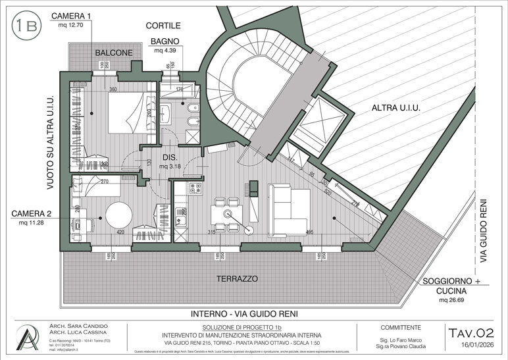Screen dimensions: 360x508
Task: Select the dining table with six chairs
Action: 227,215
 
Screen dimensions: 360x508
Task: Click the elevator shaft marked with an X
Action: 318,118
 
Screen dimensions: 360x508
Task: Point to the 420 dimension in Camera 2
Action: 120,232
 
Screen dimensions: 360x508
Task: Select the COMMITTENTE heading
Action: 402,327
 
